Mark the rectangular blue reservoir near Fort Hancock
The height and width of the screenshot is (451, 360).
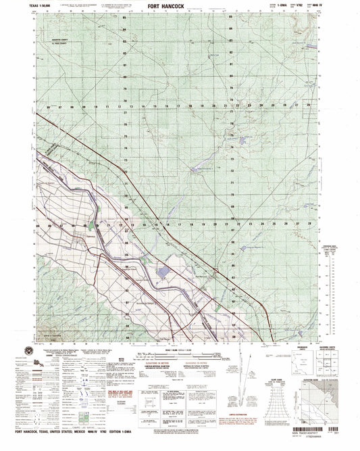point(165,272)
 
